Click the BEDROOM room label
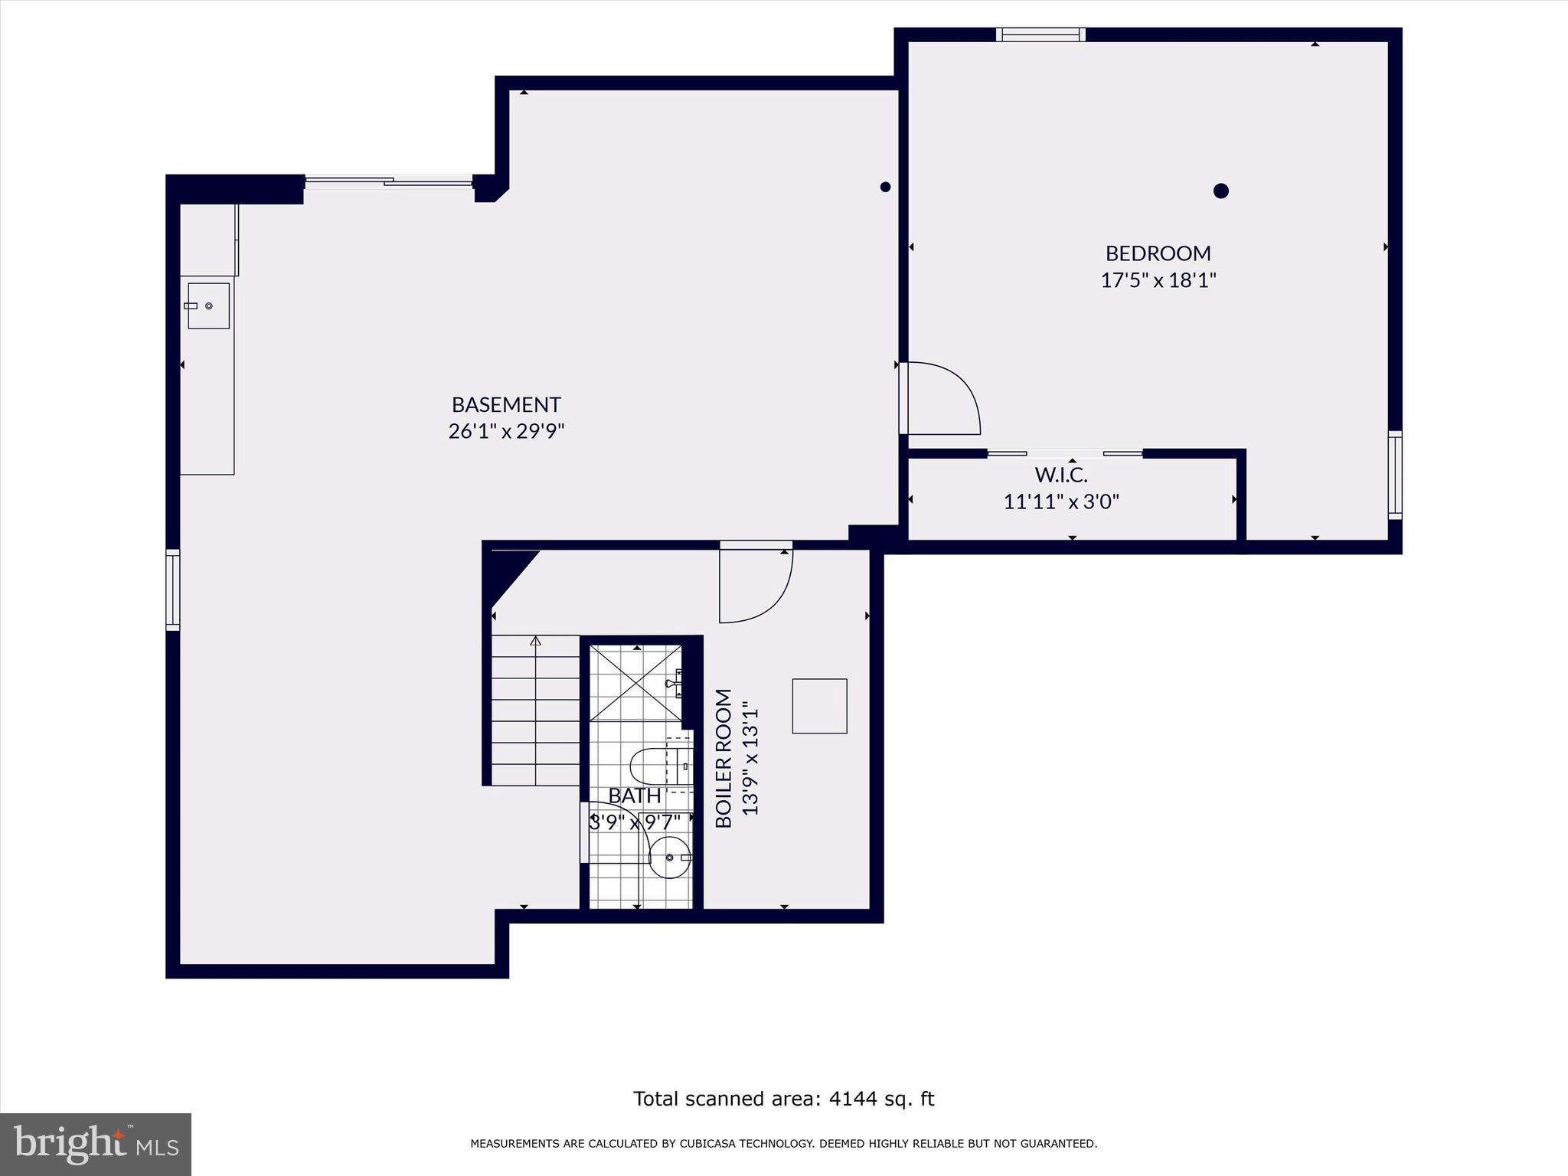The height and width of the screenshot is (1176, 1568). [x=1158, y=253]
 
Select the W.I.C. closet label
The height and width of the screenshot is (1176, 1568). [x=1061, y=475]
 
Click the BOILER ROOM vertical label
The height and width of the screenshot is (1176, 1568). [x=724, y=758]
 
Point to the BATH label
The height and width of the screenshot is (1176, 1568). [x=635, y=796]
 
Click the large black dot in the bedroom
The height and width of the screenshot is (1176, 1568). [x=1221, y=191]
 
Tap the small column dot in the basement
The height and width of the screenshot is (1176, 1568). [x=885, y=187]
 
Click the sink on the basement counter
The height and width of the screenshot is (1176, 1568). [x=208, y=305]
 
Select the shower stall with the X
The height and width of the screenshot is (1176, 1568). [x=635, y=684]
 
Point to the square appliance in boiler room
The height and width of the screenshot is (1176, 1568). [x=819, y=706]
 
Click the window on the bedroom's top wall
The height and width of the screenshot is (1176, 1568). [x=1040, y=34]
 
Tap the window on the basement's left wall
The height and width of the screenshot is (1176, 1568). [x=173, y=590]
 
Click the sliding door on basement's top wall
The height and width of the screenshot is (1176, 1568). [x=389, y=181]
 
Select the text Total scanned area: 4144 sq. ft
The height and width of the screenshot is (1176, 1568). [x=783, y=1099]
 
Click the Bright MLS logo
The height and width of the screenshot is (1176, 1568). [x=96, y=1144]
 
